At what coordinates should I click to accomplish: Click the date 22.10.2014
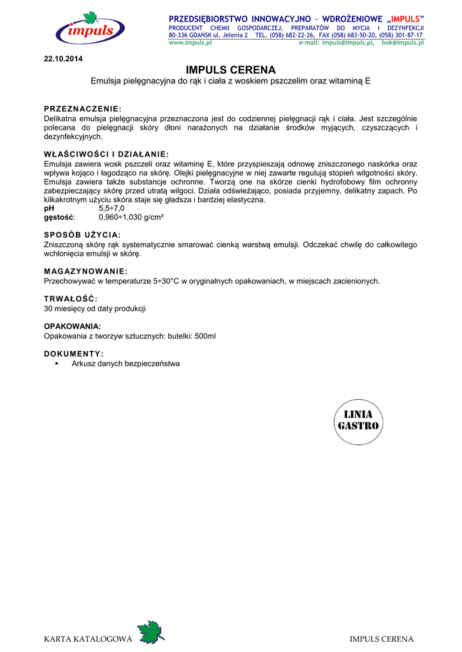63,59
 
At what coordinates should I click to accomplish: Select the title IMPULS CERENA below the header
231,70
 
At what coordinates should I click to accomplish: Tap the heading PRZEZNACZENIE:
82,109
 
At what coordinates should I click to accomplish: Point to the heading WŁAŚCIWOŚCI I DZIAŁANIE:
106,154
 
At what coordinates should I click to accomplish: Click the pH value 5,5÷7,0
112,208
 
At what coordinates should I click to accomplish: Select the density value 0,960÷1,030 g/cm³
131,217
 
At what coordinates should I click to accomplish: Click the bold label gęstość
58,217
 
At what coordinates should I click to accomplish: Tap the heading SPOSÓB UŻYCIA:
82,235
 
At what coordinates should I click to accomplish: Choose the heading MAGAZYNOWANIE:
86,271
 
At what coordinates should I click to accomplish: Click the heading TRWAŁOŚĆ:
71,299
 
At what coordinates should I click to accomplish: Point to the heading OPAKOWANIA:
73,326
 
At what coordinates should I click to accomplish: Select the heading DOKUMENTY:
73,353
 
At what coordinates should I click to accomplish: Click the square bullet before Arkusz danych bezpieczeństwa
57,364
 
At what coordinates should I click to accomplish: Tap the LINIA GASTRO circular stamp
357,421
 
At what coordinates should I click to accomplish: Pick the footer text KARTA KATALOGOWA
87,639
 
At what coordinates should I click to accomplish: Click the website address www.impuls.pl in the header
190,42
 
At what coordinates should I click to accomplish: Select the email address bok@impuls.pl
403,42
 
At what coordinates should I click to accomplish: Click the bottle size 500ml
205,336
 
